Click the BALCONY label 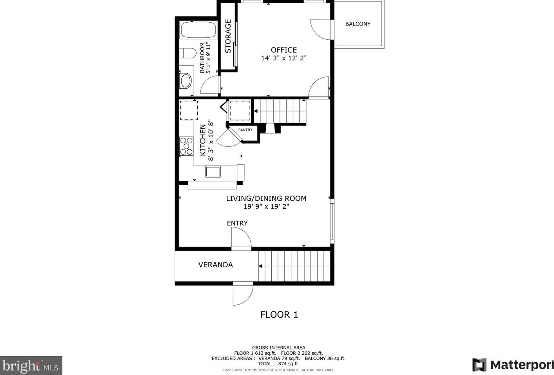pyautogui.click(x=357, y=24)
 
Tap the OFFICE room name pyautogui.click(x=283, y=50)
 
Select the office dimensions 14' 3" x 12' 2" pyautogui.click(x=283, y=58)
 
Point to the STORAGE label pyautogui.click(x=228, y=36)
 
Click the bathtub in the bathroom pyautogui.click(x=198, y=30)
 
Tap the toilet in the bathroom pyautogui.click(x=188, y=53)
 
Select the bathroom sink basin pyautogui.click(x=186, y=81)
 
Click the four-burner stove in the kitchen pyautogui.click(x=186, y=146)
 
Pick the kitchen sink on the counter pyautogui.click(x=213, y=171)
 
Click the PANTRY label pyautogui.click(x=245, y=130)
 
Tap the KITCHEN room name pyautogui.click(x=203, y=140)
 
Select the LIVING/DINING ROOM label pyautogui.click(x=266, y=198)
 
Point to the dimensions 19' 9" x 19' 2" pyautogui.click(x=266, y=207)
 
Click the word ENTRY pyautogui.click(x=237, y=223)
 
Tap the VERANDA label pyautogui.click(x=215, y=265)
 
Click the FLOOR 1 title pyautogui.click(x=279, y=315)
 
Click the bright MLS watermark pyautogui.click(x=31, y=366)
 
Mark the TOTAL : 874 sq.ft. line pyautogui.click(x=278, y=364)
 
